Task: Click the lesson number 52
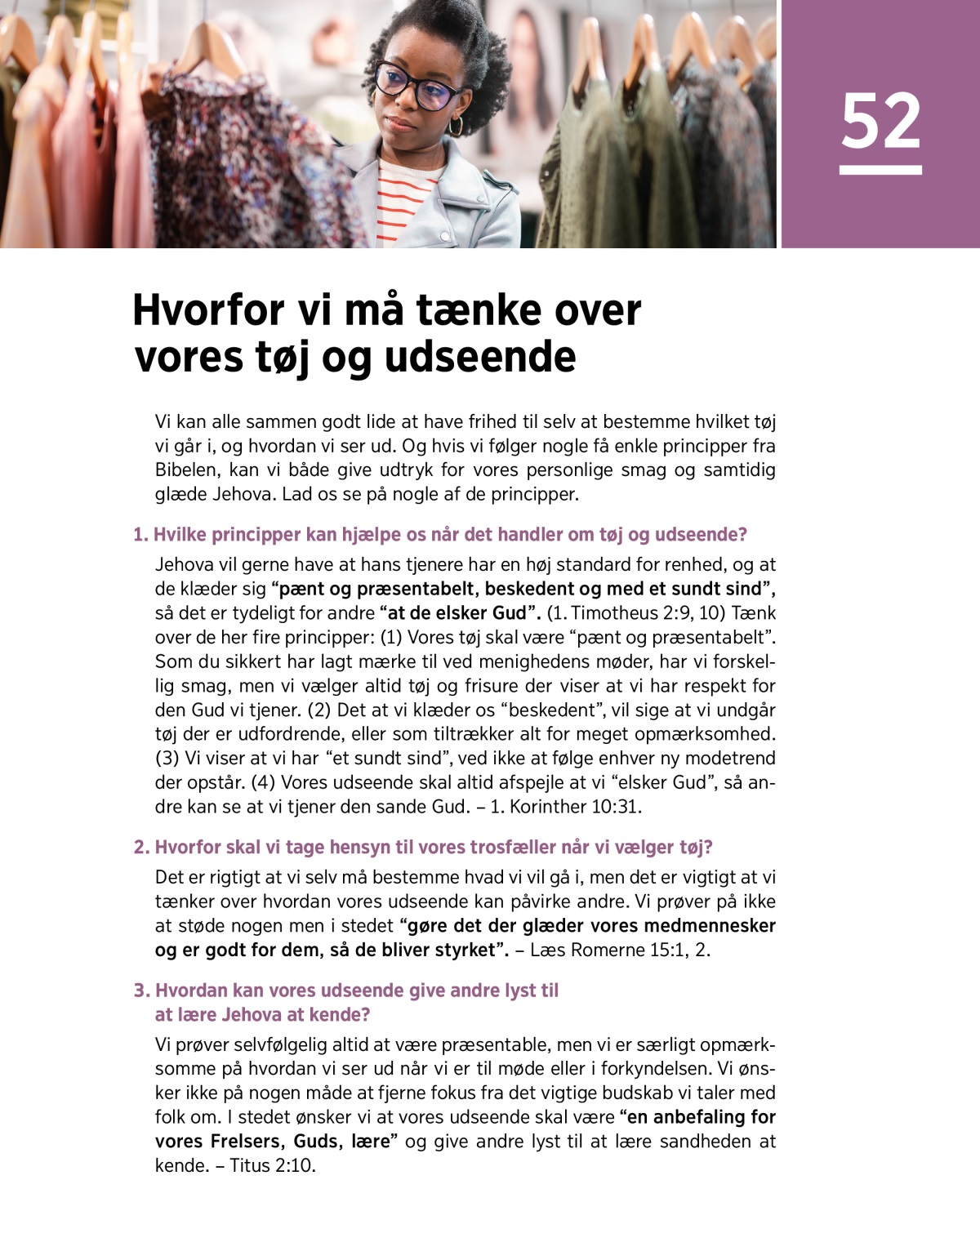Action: [880, 122]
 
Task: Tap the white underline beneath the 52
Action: [880, 170]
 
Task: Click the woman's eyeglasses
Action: [416, 87]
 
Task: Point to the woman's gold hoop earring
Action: [455, 126]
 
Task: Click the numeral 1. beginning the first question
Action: [140, 535]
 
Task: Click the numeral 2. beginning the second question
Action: [141, 848]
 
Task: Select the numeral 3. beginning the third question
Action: [141, 991]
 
